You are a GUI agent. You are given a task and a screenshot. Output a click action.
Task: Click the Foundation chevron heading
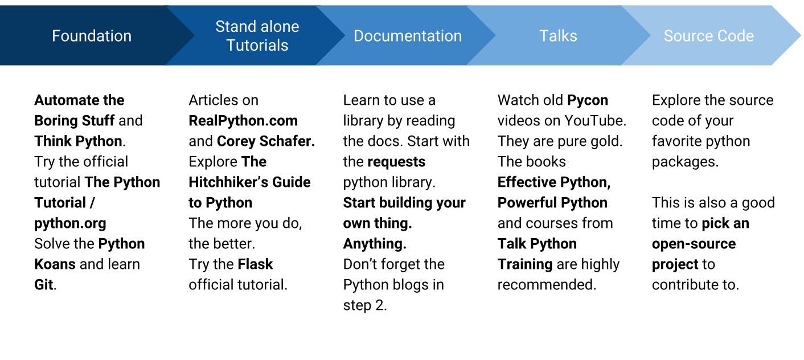[x=92, y=36]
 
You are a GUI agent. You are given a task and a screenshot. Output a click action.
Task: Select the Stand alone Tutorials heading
[x=257, y=36]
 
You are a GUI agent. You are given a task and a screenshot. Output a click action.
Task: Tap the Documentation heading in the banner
[x=408, y=36]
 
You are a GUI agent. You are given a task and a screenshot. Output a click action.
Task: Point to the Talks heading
[x=558, y=36]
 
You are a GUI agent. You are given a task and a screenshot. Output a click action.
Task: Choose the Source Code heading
[x=709, y=36]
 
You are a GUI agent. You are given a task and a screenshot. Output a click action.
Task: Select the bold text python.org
[x=71, y=224]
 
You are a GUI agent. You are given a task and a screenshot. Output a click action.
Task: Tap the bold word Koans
[x=55, y=264]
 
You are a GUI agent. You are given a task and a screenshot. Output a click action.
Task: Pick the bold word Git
[x=44, y=285]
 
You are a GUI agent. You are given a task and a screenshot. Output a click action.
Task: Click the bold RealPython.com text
[x=243, y=121]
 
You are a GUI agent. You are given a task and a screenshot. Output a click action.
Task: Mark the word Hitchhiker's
[x=229, y=182]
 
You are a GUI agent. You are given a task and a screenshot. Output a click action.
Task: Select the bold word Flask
[x=255, y=264]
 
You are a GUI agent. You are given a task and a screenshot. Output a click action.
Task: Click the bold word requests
[x=397, y=162]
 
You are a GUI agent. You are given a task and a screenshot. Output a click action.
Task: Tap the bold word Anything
[x=375, y=244]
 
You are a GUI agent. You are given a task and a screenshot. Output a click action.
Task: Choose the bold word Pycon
[x=588, y=100]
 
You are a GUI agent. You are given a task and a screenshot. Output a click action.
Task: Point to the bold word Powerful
[x=527, y=203]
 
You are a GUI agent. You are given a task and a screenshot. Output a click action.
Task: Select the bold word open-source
[x=694, y=244]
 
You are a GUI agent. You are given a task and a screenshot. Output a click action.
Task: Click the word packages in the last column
[x=685, y=162]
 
